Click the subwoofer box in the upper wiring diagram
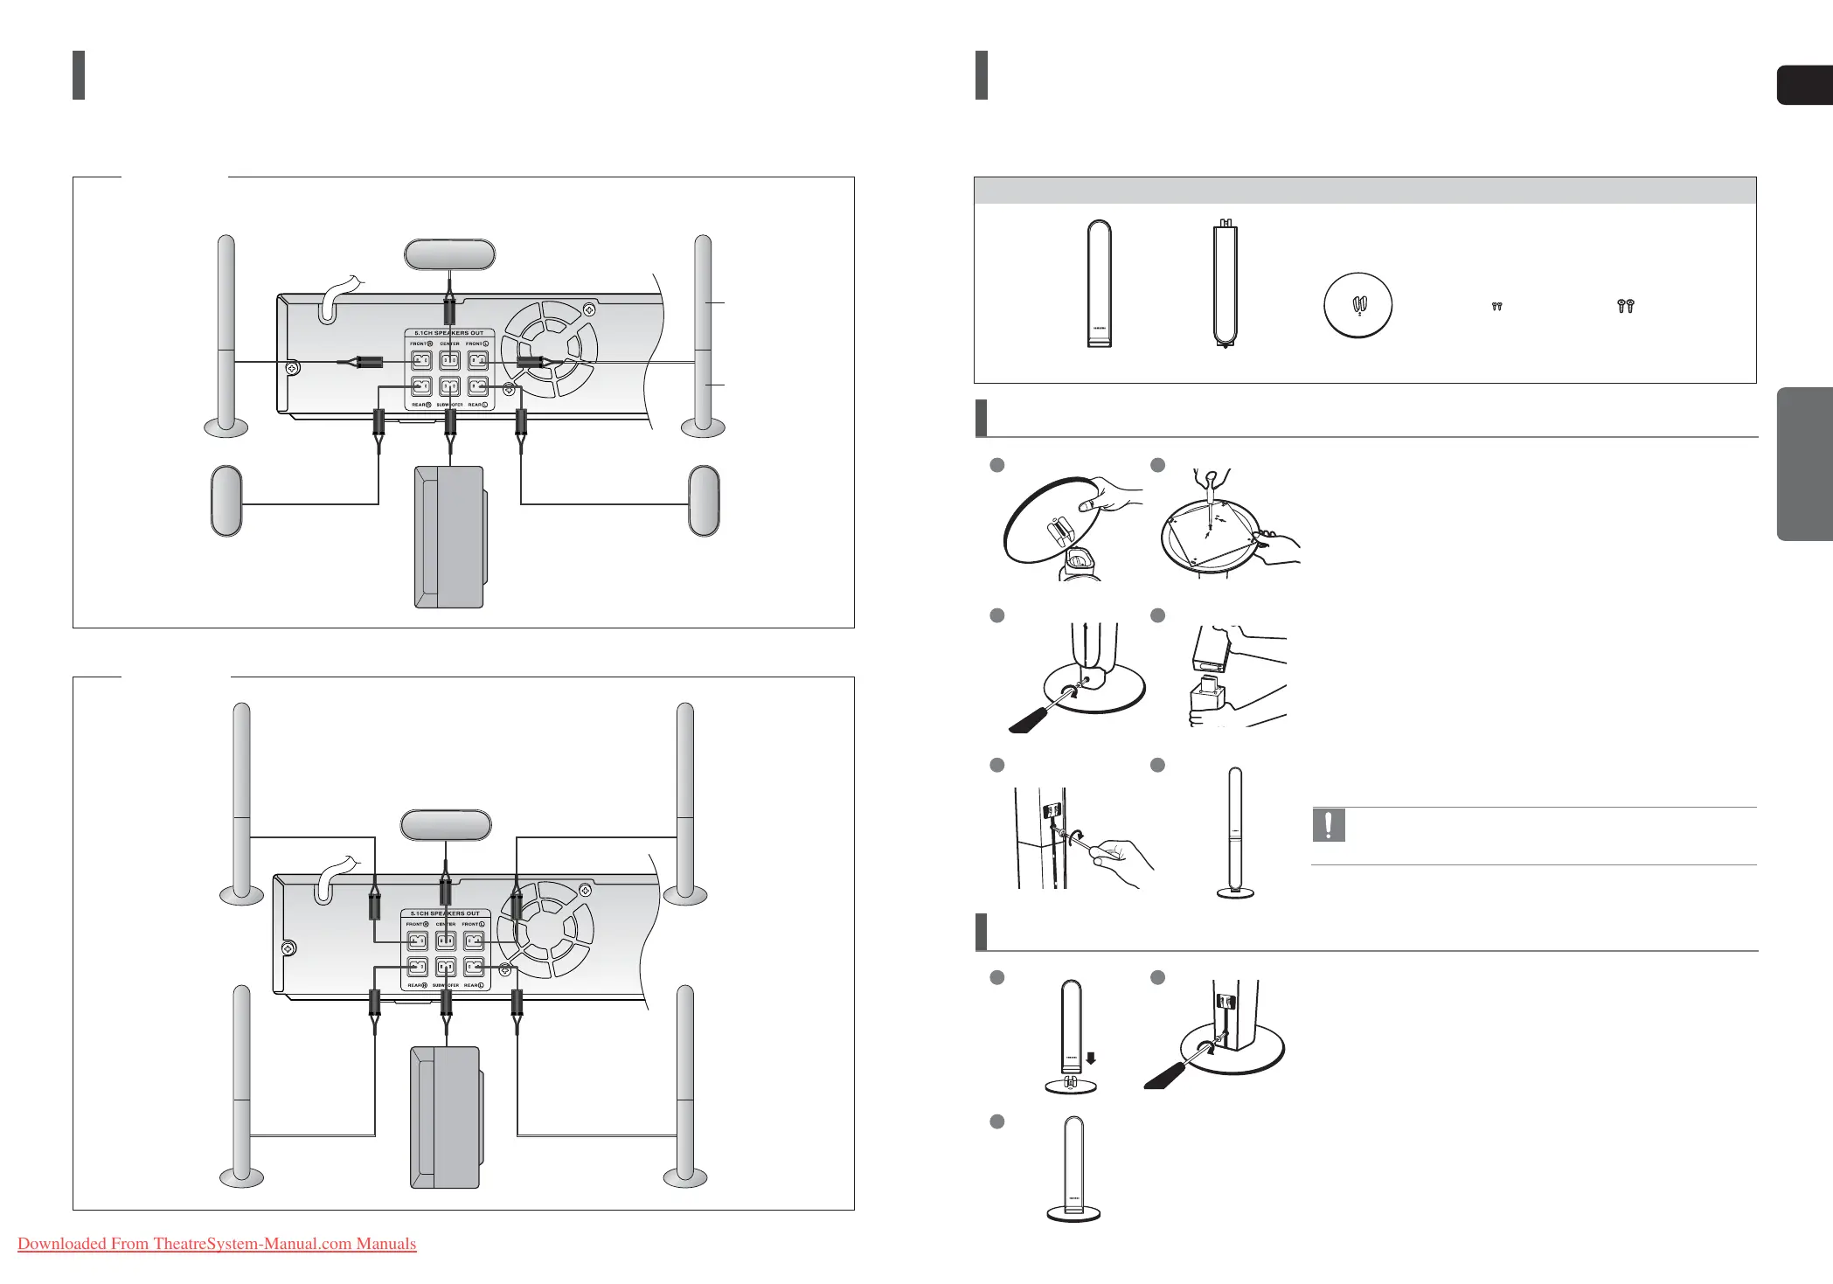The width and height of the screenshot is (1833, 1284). (x=448, y=537)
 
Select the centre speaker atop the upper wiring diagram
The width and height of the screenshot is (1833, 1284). (x=449, y=254)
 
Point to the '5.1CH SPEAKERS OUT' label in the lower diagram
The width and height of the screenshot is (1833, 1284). (x=445, y=913)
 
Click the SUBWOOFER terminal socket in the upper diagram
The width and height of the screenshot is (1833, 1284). (x=449, y=386)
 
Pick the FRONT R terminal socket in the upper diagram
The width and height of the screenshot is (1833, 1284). (x=421, y=359)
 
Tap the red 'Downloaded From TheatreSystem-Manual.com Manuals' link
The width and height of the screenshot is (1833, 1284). (x=217, y=1244)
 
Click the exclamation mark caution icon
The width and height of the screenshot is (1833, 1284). (x=1329, y=825)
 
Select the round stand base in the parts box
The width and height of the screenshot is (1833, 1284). (x=1357, y=305)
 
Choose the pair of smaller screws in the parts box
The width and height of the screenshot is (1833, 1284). (x=1496, y=307)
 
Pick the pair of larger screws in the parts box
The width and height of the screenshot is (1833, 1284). (x=1625, y=306)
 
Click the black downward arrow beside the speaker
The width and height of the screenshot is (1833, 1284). (x=1090, y=1058)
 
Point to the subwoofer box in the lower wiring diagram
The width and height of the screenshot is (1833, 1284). (x=445, y=1117)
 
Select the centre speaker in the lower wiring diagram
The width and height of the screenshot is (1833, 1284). (x=446, y=824)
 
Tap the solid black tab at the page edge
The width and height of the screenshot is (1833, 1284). (x=1804, y=85)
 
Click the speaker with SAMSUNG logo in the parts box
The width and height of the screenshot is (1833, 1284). (x=1099, y=284)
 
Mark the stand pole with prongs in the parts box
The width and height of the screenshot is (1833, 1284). (x=1225, y=284)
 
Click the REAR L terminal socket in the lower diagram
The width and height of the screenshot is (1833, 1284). (x=474, y=968)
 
